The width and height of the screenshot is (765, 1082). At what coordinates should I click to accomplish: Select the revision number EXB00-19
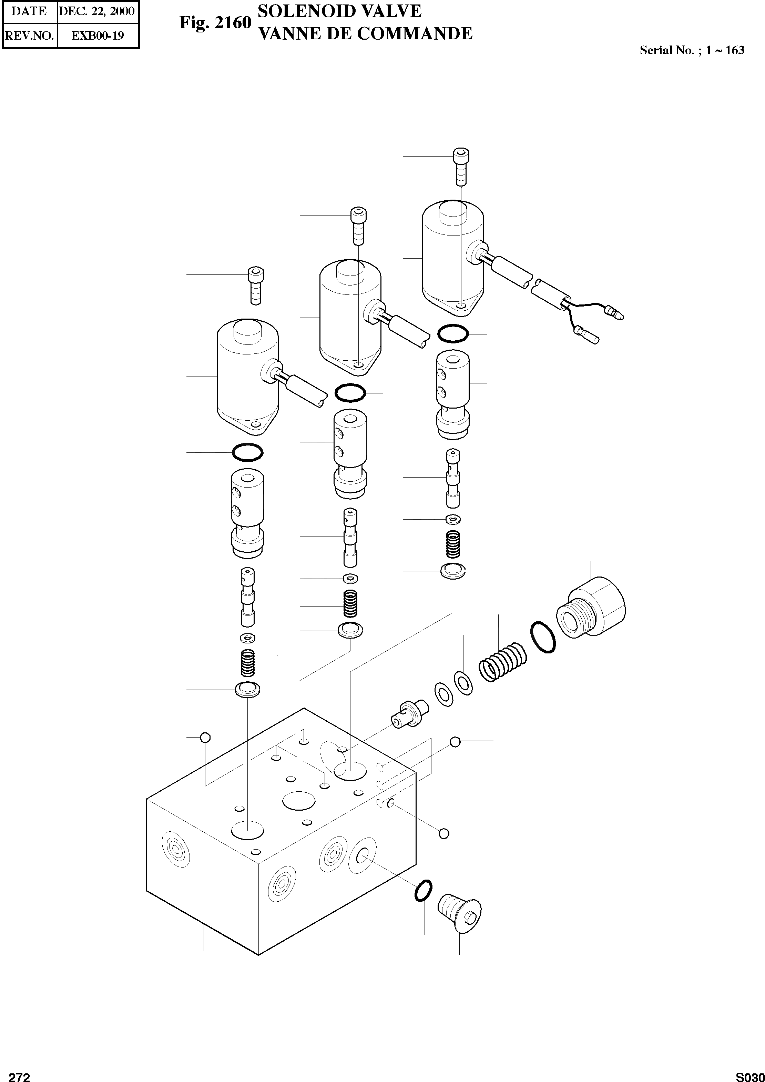(98, 36)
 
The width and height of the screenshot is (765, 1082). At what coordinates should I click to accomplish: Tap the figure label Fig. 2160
(215, 23)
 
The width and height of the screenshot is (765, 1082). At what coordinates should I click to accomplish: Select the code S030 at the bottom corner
(750, 1076)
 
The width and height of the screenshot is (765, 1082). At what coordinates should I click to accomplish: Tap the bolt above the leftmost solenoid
(256, 287)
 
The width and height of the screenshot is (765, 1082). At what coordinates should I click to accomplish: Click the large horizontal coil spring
(503, 662)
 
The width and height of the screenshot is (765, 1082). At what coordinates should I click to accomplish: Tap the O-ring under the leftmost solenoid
(247, 452)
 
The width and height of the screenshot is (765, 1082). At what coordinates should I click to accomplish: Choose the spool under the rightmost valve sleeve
(453, 478)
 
